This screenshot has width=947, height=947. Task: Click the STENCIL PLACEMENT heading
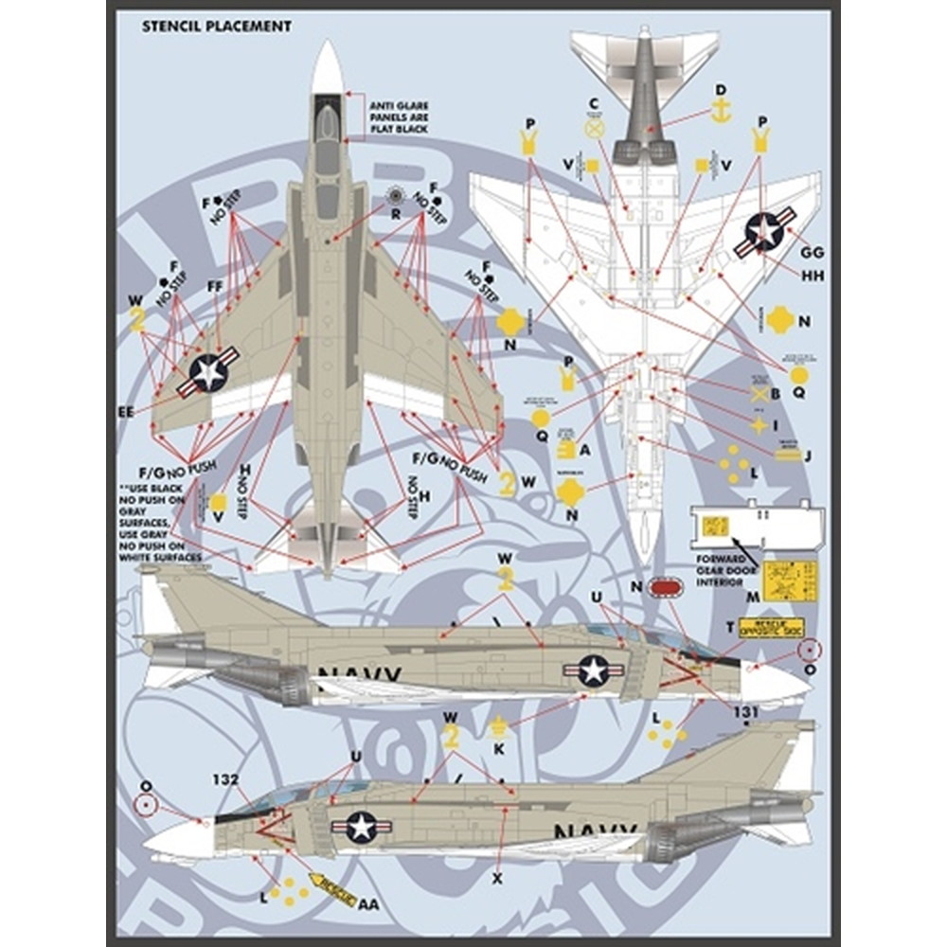(x=217, y=27)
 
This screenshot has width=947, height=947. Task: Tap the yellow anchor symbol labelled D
(x=721, y=112)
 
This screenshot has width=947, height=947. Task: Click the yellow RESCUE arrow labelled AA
(x=334, y=889)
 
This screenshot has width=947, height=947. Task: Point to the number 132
(x=224, y=780)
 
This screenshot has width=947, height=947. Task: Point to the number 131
(x=746, y=712)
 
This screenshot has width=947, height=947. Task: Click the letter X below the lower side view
(x=496, y=878)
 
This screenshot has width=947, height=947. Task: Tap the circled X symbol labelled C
(x=595, y=128)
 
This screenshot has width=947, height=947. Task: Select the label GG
(x=812, y=253)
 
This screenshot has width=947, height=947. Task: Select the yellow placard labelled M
(x=790, y=580)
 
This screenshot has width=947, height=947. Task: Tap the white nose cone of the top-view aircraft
(x=328, y=66)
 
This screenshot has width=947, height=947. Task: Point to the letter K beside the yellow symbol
(x=499, y=748)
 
